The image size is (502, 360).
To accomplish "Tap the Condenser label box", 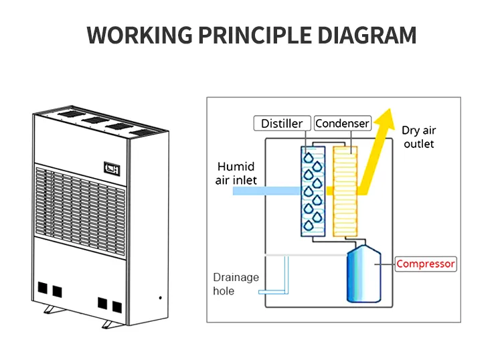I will [x=342, y=124].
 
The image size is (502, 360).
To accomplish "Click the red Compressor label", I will [x=426, y=264].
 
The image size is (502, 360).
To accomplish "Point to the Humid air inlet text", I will [x=236, y=173].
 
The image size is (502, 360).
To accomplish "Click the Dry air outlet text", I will [x=418, y=137].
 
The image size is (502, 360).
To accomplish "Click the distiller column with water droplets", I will [x=313, y=191].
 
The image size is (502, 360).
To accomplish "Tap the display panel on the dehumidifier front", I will [x=110, y=168].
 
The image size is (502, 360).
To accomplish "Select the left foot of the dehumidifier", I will [x=50, y=310].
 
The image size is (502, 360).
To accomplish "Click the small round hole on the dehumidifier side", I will [x=160, y=296].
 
